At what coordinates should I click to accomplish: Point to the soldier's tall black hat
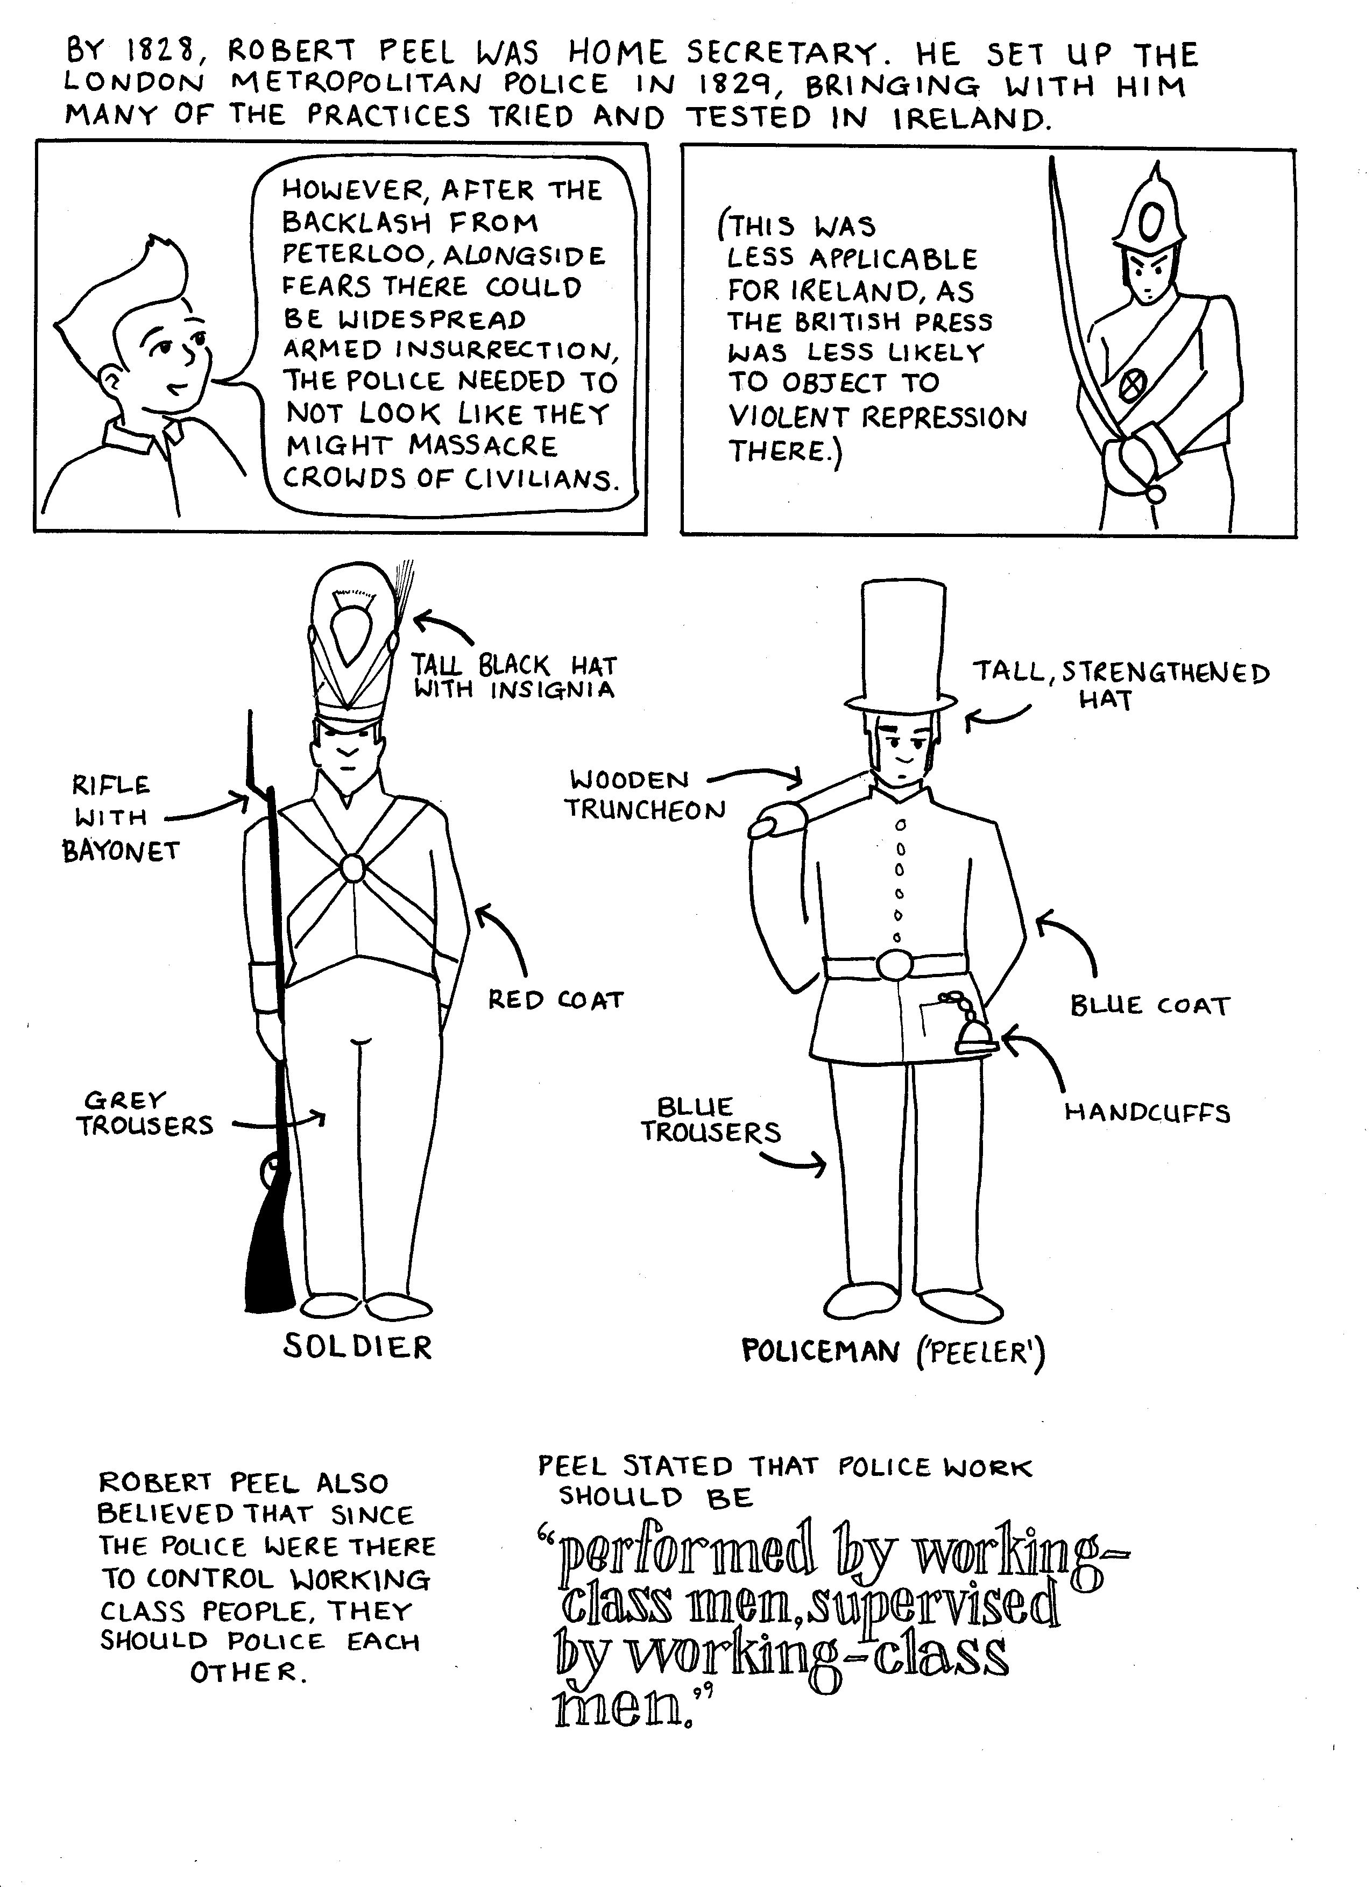point(353,641)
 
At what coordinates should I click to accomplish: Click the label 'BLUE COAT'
point(1149,1005)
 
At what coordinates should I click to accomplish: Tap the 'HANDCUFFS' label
point(1147,1112)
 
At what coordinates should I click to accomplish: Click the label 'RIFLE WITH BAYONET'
point(121,818)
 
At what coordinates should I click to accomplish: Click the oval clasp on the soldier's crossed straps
point(353,868)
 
